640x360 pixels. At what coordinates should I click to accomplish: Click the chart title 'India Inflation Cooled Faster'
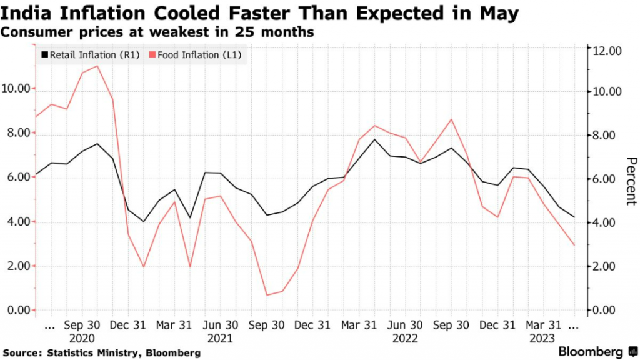260,14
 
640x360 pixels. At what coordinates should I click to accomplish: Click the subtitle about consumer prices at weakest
157,32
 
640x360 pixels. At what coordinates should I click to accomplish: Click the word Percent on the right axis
630,181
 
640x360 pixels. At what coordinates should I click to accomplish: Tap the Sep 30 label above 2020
82,325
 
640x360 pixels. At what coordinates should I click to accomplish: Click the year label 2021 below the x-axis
220,338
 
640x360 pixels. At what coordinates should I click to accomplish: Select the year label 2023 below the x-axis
542,338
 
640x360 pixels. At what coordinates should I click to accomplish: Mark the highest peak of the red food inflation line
97,66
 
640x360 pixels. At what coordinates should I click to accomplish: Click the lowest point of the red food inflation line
267,295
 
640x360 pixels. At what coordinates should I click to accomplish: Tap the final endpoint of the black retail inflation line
574,217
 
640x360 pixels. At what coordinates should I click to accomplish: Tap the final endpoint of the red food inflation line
574,245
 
